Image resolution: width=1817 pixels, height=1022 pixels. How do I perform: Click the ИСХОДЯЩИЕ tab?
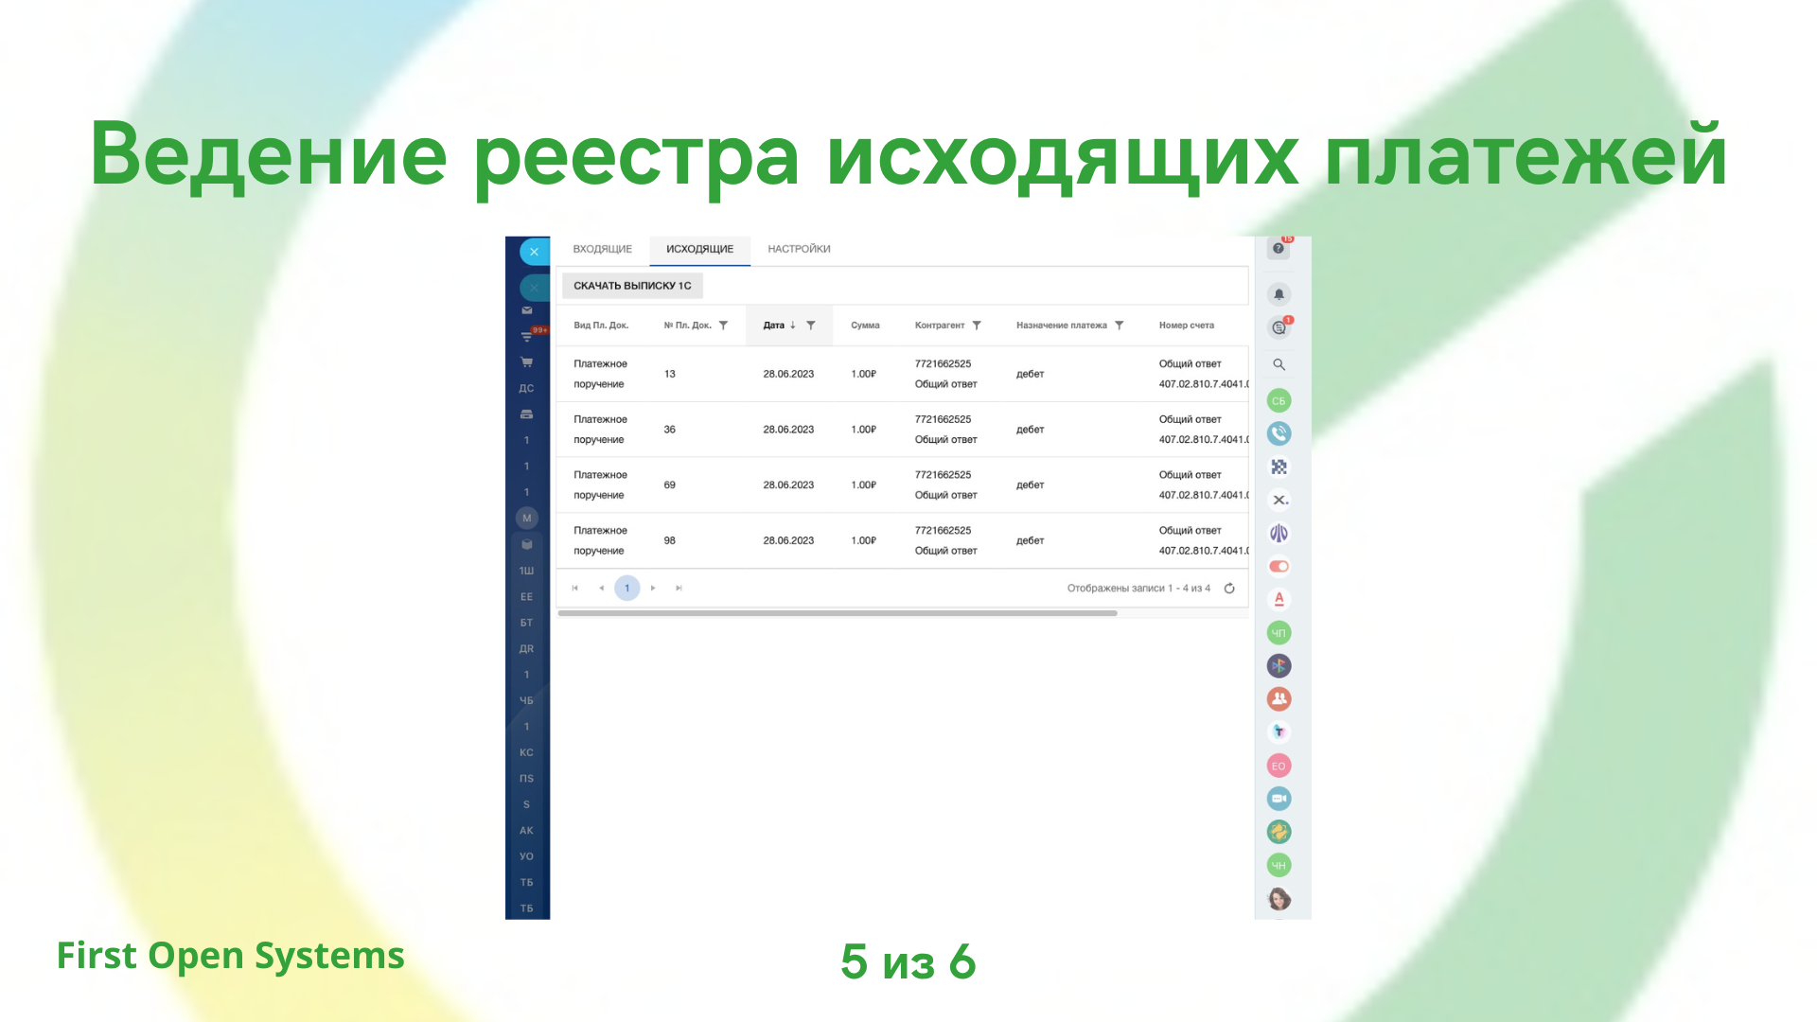(699, 249)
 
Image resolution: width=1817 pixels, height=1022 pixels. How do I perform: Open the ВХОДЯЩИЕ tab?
(602, 249)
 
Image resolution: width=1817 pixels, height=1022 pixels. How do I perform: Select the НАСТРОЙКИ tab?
(799, 249)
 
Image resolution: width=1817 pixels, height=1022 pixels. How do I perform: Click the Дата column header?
(773, 326)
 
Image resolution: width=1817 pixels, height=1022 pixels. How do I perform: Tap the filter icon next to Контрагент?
(977, 326)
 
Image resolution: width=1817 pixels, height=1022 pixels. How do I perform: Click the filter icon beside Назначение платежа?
(1119, 326)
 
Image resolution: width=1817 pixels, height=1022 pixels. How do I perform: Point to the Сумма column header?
(865, 326)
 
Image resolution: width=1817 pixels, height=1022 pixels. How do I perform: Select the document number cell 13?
(670, 374)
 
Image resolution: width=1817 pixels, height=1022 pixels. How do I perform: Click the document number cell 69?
(670, 485)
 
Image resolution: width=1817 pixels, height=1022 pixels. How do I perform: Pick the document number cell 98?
(670, 540)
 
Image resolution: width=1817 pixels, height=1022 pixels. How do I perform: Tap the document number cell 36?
(670, 430)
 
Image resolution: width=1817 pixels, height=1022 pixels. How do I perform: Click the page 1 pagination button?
(626, 588)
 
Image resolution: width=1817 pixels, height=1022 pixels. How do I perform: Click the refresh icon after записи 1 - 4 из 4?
(1229, 588)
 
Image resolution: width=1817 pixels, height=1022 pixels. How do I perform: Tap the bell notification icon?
(1279, 294)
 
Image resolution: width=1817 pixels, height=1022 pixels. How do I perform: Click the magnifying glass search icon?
(1279, 364)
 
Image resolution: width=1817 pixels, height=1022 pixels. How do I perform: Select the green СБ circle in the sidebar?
(1279, 400)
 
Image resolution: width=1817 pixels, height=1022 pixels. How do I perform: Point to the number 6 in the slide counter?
(962, 961)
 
